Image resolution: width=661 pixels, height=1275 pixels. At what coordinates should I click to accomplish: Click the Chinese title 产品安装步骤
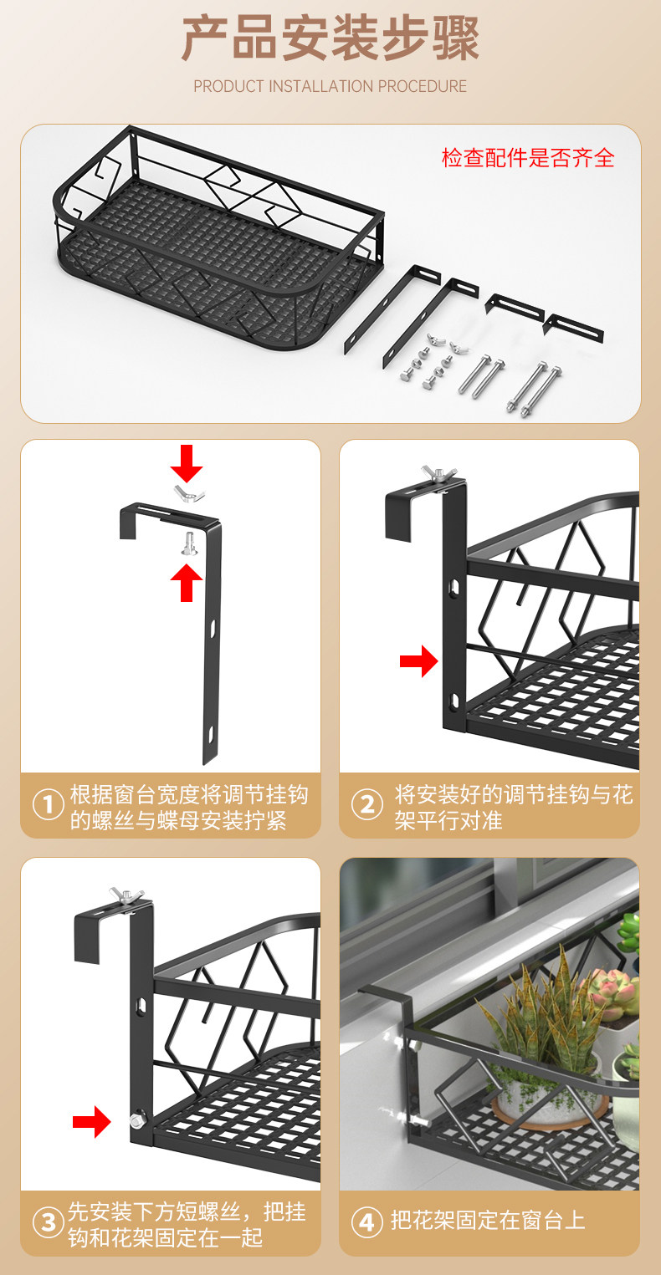pos(330,38)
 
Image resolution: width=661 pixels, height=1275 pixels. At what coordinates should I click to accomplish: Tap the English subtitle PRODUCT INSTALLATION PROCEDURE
pos(330,86)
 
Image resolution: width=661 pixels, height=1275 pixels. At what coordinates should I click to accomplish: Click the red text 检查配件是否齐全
pos(528,158)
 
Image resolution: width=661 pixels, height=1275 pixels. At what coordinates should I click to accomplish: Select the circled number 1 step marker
pos(48,805)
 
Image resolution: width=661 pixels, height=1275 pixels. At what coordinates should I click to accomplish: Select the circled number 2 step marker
pos(367,805)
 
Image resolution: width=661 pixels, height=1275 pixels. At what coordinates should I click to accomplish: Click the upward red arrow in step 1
pos(187,582)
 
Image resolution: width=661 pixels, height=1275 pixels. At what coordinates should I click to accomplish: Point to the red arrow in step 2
pos(419,660)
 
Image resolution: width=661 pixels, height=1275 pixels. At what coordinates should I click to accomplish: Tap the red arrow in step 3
pos(92,1121)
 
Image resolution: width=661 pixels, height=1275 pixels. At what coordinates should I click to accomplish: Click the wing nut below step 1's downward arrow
pos(189,493)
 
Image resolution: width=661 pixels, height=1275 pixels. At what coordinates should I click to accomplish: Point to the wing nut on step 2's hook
pos(438,474)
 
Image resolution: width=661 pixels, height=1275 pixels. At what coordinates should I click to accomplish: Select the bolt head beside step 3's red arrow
pos(137,1121)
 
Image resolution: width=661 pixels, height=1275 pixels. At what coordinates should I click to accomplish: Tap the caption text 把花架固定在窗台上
pos(488,1221)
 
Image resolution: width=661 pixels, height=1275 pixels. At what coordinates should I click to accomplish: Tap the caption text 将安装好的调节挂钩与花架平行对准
pos(514,807)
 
